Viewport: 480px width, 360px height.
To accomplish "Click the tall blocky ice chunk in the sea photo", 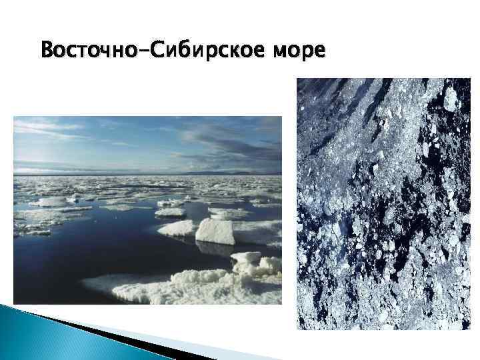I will pyautogui.click(x=214, y=231).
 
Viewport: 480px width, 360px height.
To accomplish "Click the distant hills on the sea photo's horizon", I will pyautogui.click(x=220, y=172).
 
